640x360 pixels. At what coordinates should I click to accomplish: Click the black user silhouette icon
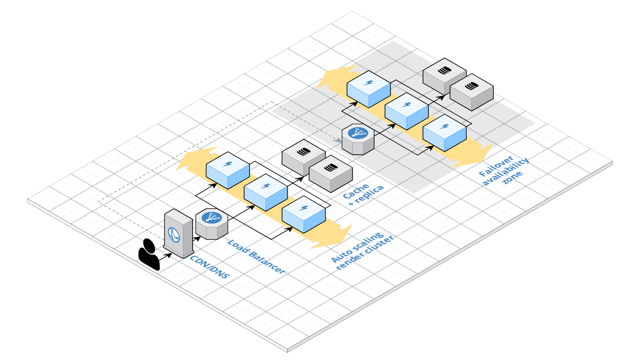tap(148, 254)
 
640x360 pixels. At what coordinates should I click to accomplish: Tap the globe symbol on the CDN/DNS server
tap(174, 234)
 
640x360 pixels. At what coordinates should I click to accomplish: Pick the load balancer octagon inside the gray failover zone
tap(358, 139)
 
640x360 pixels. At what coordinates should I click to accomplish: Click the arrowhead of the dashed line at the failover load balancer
tap(338, 140)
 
